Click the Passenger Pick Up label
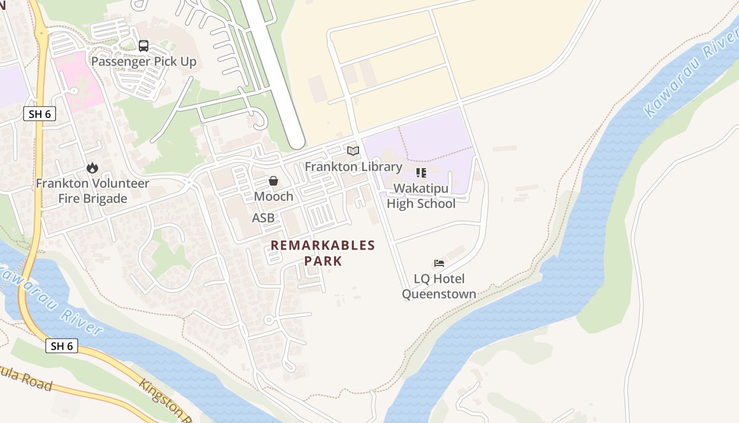(144, 61)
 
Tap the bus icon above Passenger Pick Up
(144, 45)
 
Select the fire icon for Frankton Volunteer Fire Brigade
(92, 168)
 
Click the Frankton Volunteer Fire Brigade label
(92, 191)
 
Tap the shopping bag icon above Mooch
(273, 181)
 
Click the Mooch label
(273, 196)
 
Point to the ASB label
(263, 218)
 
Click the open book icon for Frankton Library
(353, 151)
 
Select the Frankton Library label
(353, 167)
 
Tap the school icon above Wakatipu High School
(421, 173)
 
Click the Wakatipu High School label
(421, 196)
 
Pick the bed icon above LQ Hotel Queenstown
(439, 263)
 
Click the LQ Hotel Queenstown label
(439, 286)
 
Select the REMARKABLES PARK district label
(323, 253)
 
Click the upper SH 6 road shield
(40, 114)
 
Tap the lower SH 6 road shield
(62, 346)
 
